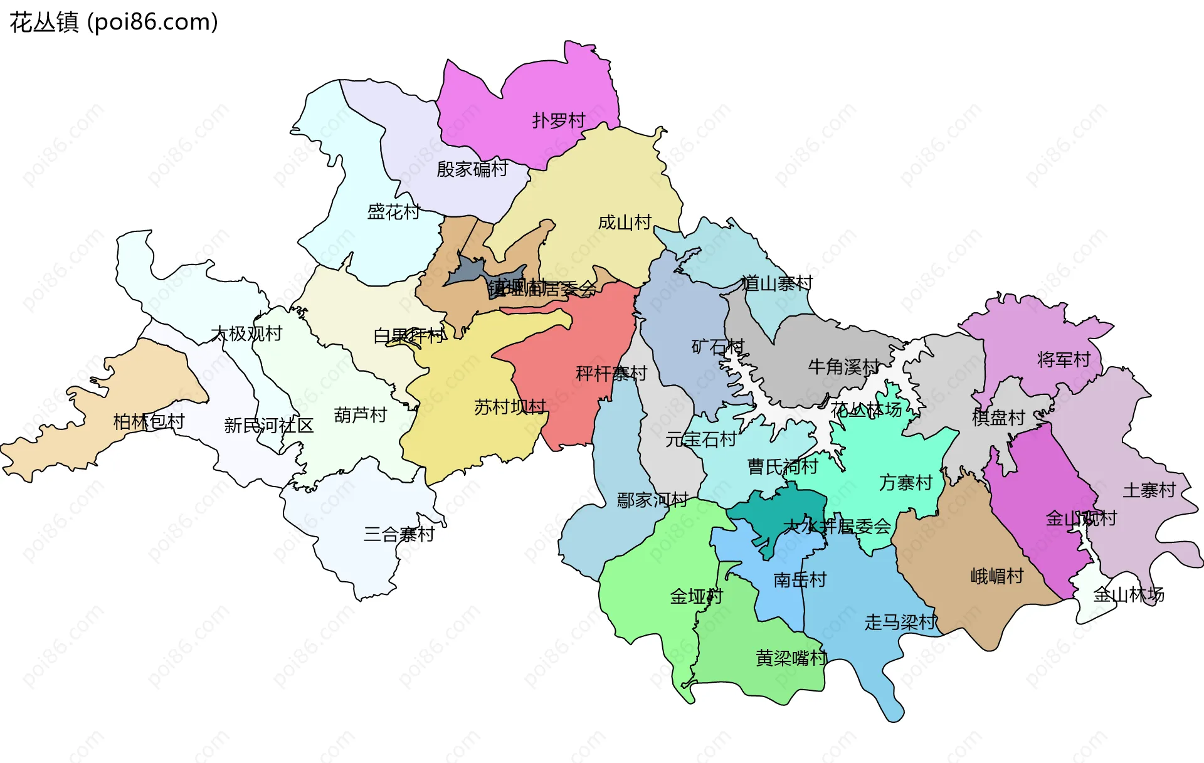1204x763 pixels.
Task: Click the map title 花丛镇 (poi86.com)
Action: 114,22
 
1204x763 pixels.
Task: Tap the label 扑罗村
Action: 558,120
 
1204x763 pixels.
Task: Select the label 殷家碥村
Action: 472,169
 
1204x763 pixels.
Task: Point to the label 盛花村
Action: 393,212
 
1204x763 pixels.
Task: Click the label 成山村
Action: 625,223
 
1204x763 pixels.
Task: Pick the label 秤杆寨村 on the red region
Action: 611,374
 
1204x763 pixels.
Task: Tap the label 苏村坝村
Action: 510,408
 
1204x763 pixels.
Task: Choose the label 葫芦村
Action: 360,415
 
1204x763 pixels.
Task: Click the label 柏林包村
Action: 149,422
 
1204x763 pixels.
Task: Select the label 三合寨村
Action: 399,535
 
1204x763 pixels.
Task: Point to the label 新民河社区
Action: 268,426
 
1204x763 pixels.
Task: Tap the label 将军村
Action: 1064,360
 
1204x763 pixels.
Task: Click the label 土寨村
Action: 1149,490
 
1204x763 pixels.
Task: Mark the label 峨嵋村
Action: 997,576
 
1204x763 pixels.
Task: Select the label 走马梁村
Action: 900,623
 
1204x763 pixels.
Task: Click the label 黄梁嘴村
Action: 791,658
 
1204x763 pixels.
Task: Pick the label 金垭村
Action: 696,596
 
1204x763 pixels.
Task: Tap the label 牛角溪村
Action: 843,367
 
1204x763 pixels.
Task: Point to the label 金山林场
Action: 1128,595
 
